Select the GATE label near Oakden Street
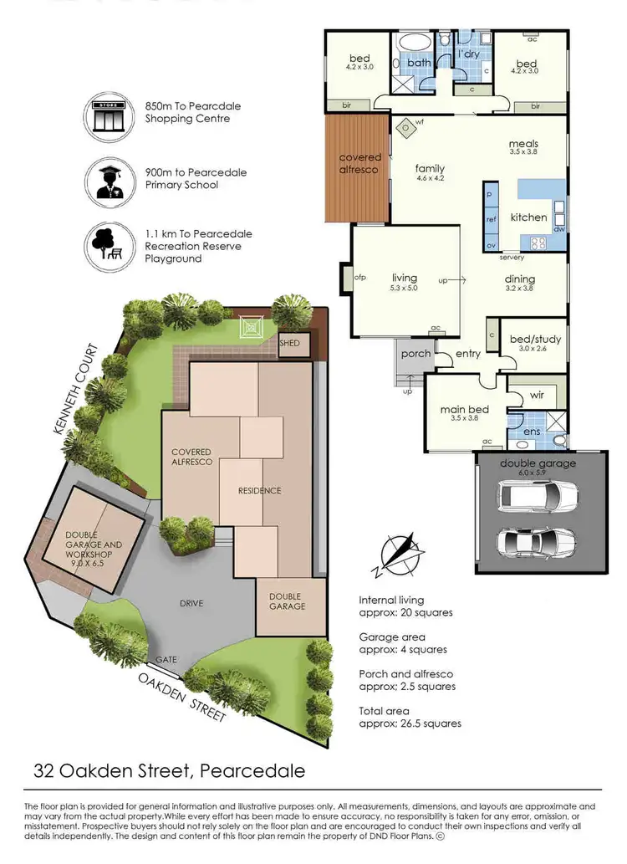[166, 659]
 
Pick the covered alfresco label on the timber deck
[359, 163]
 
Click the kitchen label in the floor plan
[528, 217]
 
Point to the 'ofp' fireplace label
[361, 277]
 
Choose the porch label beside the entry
[415, 353]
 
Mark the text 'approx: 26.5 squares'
[410, 723]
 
